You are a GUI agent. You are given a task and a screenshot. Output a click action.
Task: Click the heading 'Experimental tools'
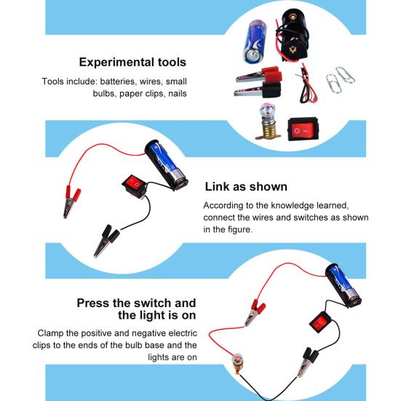click(132, 63)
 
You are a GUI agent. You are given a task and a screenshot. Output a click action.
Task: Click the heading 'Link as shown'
click(246, 187)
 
